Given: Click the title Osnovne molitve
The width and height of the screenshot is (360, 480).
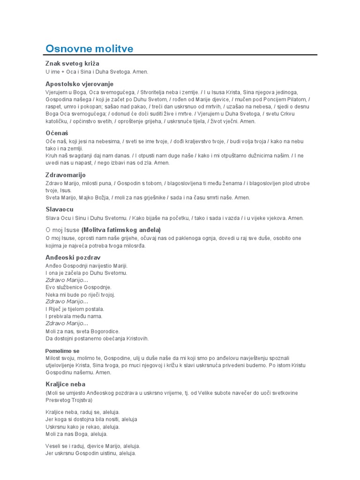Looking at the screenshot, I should pos(89,49).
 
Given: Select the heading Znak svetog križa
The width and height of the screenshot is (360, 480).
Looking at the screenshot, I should pos(72,63).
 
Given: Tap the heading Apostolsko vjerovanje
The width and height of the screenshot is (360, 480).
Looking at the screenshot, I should pos(79,84).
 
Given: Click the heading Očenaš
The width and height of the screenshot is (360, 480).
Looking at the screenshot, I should pos(57,133).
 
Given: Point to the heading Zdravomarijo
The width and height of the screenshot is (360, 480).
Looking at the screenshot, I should pos(66,175).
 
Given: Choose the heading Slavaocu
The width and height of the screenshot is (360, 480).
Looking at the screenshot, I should pos(60,209).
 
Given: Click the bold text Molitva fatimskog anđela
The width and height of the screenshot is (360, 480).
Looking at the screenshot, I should pos(121,230).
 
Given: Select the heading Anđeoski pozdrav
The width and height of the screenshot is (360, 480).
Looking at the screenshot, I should pos(73,257).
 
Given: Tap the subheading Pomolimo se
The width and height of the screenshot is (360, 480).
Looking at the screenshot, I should pos(62,351).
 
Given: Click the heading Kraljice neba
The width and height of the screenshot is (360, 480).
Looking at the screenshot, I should pos(65,384).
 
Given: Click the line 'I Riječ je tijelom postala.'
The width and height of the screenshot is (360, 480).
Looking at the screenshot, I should pos(75,309).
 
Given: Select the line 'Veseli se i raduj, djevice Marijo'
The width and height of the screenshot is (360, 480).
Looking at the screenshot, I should pos(92,446).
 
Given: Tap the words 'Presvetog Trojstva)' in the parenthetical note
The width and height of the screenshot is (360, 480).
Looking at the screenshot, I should pos(68,400).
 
